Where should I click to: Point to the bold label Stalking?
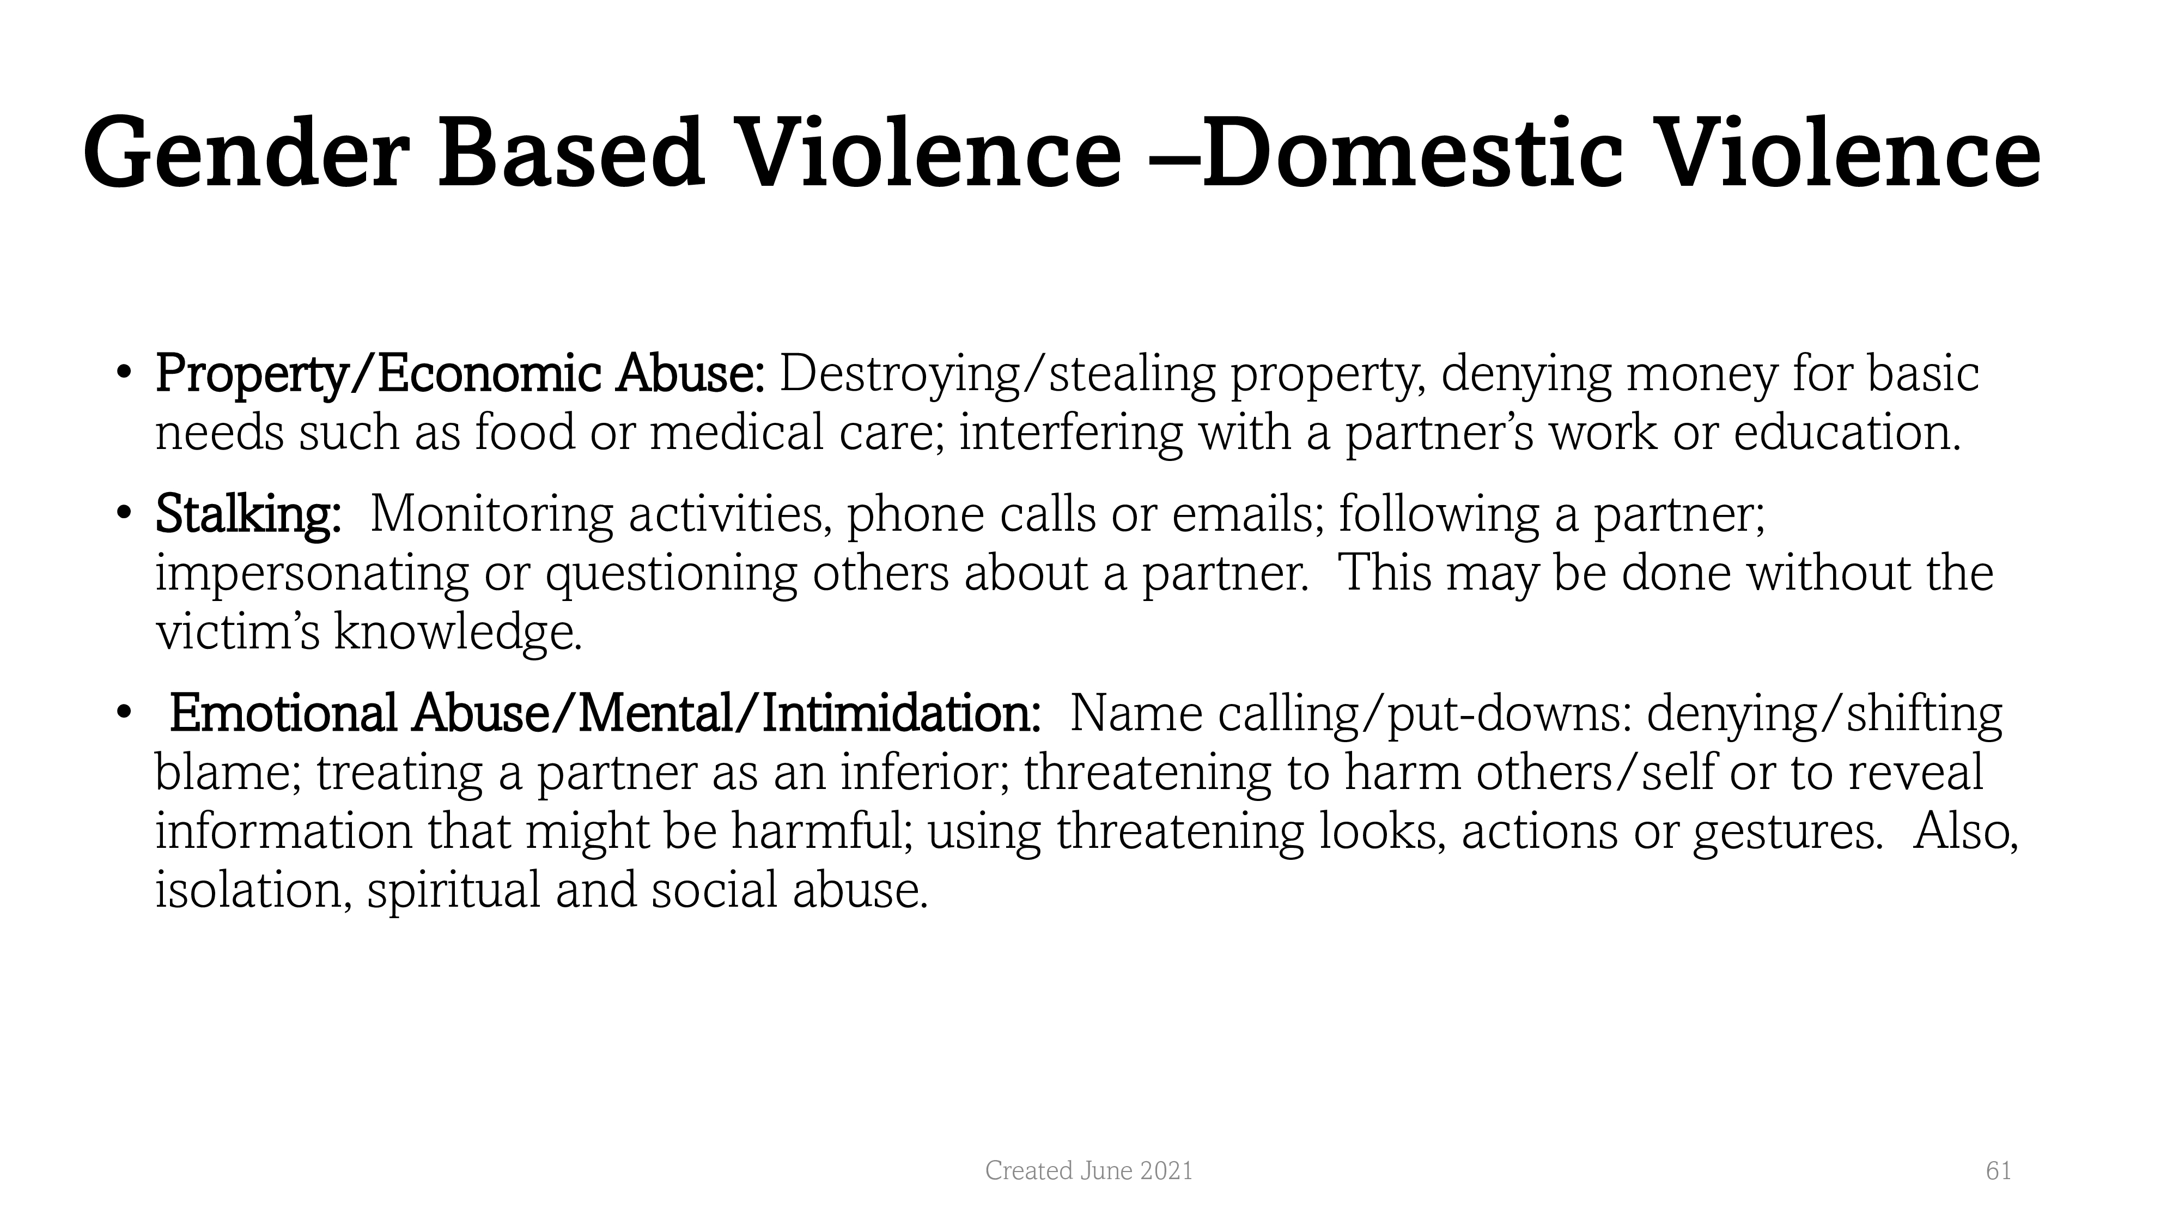click(x=248, y=514)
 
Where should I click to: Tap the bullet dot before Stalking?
click(x=124, y=513)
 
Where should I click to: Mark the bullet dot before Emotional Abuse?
click(x=124, y=712)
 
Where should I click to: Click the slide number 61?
click(x=1998, y=1171)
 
